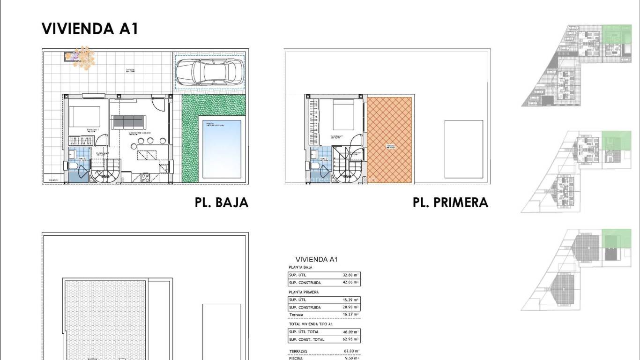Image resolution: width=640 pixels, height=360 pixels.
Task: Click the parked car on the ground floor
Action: click(x=209, y=72)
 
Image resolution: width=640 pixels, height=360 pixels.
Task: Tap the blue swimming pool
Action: click(x=222, y=149)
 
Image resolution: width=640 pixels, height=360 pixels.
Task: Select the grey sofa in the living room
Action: click(x=127, y=122)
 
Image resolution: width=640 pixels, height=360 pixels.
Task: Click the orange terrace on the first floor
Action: click(x=389, y=140)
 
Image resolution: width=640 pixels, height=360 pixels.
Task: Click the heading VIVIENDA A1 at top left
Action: click(x=90, y=29)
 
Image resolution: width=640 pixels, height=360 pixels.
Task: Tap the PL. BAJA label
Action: click(x=221, y=202)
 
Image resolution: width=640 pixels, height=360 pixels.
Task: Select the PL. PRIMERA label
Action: click(x=450, y=202)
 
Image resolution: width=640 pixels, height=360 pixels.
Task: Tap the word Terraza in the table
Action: click(x=296, y=315)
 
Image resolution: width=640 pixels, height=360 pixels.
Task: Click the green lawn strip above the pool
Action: click(x=214, y=105)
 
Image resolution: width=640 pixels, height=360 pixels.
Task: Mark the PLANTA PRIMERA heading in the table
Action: click(x=304, y=292)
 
